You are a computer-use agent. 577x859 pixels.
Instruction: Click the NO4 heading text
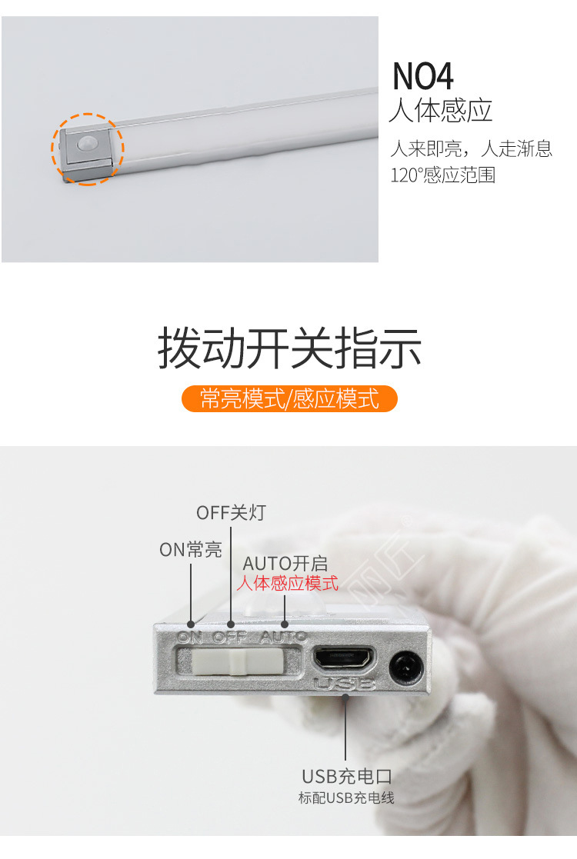[x=422, y=76]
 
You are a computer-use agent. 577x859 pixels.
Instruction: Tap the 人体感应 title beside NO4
[x=441, y=111]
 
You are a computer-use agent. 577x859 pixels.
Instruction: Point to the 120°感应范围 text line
[x=442, y=175]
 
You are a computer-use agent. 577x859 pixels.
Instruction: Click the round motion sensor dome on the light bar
[x=87, y=144]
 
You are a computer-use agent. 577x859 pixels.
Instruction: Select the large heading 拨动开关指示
[x=289, y=348]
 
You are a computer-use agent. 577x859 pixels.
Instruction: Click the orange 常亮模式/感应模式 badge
[x=289, y=398]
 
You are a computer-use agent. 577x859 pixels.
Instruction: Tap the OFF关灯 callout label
[x=231, y=513]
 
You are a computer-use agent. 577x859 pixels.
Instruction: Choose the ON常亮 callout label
[x=190, y=550]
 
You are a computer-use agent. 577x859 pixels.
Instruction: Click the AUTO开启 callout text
[x=285, y=564]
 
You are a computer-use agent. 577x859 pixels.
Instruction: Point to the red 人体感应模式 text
[x=288, y=583]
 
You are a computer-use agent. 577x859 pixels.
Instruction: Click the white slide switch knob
[x=238, y=661]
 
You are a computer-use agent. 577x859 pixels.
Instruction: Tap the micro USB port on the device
[x=344, y=658]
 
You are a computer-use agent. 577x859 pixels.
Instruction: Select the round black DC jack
[x=407, y=668]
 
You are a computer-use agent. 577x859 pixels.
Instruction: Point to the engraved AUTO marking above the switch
[x=283, y=637]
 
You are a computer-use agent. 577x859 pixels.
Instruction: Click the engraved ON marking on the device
[x=190, y=637]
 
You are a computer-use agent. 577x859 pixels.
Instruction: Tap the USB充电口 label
[x=347, y=776]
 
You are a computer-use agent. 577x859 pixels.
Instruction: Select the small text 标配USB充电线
[x=346, y=797]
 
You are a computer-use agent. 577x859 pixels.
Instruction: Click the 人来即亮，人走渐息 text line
[x=472, y=148]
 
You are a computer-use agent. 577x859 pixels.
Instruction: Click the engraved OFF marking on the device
[x=230, y=637]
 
